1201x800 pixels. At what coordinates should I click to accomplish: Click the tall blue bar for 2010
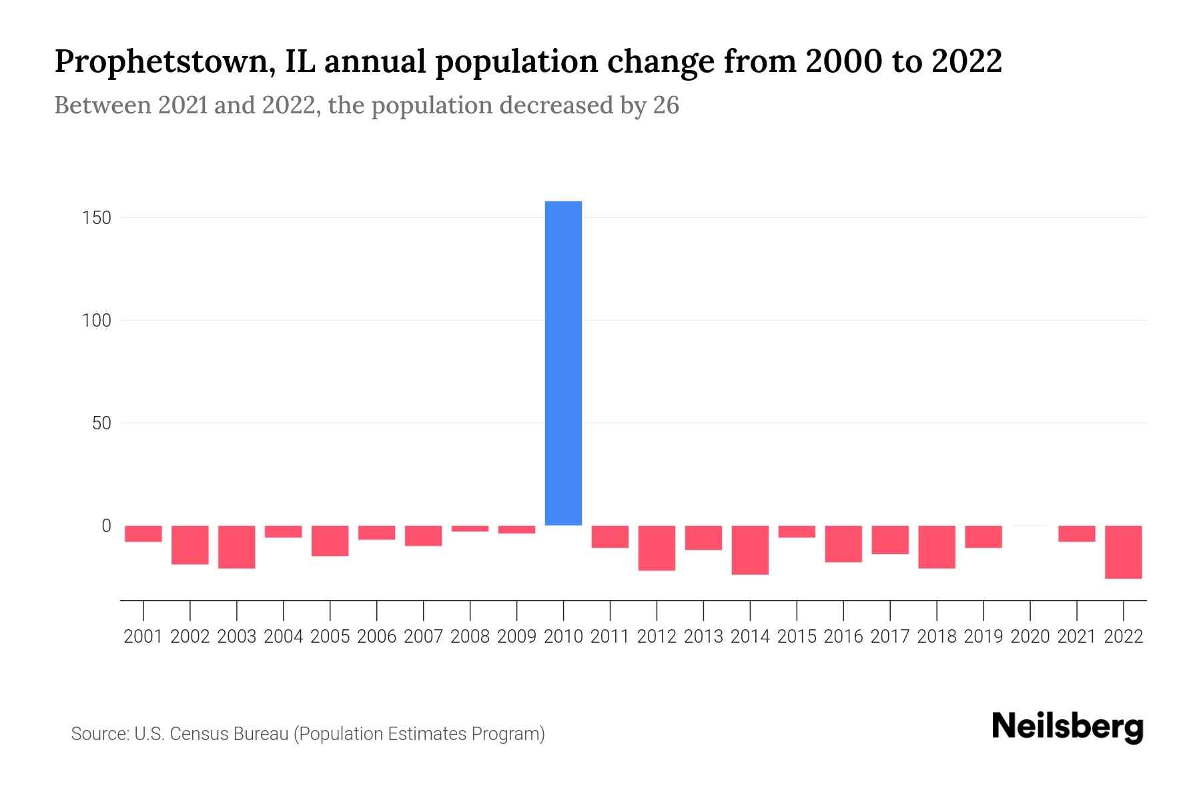click(563, 363)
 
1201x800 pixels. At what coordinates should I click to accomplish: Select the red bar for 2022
click(1124, 552)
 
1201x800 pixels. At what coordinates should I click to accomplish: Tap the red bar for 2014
click(750, 550)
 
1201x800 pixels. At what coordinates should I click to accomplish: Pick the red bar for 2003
click(237, 547)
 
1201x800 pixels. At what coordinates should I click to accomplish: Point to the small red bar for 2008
click(470, 529)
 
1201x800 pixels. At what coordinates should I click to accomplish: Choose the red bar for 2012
click(657, 548)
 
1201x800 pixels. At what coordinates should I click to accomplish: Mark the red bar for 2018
click(937, 547)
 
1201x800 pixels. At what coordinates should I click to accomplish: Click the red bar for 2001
click(143, 533)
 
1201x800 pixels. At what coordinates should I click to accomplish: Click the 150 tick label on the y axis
click(97, 218)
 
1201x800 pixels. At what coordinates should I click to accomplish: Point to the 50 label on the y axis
click(101, 423)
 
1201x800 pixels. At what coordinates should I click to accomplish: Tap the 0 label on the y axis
click(106, 526)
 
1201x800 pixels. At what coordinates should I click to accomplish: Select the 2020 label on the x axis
click(1030, 637)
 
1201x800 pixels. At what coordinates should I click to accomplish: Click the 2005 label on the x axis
click(330, 637)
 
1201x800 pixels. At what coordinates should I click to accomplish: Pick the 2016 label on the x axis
click(843, 637)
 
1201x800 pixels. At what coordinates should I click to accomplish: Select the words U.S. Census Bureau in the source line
click(212, 734)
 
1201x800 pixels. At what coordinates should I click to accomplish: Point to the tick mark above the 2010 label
click(563, 609)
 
